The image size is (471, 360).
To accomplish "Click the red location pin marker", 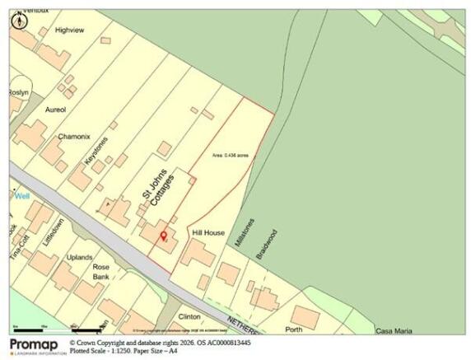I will [x=163, y=237].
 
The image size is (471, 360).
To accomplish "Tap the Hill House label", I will [x=208, y=234].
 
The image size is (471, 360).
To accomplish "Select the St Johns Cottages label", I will [x=156, y=197].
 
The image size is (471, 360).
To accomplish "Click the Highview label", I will [x=70, y=30].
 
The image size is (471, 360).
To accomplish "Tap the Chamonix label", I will [x=73, y=137].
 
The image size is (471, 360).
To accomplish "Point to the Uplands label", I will [x=79, y=258].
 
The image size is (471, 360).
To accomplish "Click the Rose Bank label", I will [x=101, y=273].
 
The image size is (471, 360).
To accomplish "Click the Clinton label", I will [x=190, y=316].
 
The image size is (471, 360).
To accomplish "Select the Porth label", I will [x=293, y=330].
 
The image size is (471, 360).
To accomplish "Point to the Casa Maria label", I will [x=393, y=331].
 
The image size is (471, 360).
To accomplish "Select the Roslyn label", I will [x=19, y=93].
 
